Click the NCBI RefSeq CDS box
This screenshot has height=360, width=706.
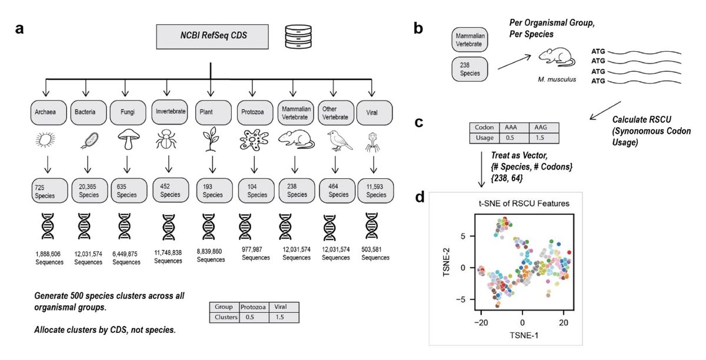click(x=212, y=36)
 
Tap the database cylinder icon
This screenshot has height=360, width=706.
click(x=298, y=36)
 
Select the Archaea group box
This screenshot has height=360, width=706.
click(x=48, y=112)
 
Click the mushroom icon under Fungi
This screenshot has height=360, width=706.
click(x=128, y=140)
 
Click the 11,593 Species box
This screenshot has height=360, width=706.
click(x=376, y=191)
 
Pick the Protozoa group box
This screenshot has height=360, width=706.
click(x=255, y=112)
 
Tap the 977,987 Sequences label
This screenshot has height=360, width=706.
click(x=255, y=254)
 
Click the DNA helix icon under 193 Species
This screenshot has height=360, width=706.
click(x=209, y=226)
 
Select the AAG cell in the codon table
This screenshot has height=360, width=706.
click(x=544, y=128)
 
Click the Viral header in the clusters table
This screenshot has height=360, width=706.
click(x=284, y=306)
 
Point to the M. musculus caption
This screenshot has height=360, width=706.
click(x=557, y=79)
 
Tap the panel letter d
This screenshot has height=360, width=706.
click(x=420, y=197)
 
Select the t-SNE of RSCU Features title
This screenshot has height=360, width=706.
click(x=524, y=204)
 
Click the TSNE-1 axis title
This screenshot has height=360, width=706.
click(x=524, y=335)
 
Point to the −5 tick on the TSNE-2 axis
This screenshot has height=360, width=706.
click(x=460, y=299)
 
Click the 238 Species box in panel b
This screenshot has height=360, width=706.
click(x=469, y=69)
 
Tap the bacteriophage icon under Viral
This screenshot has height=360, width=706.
click(x=372, y=142)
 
